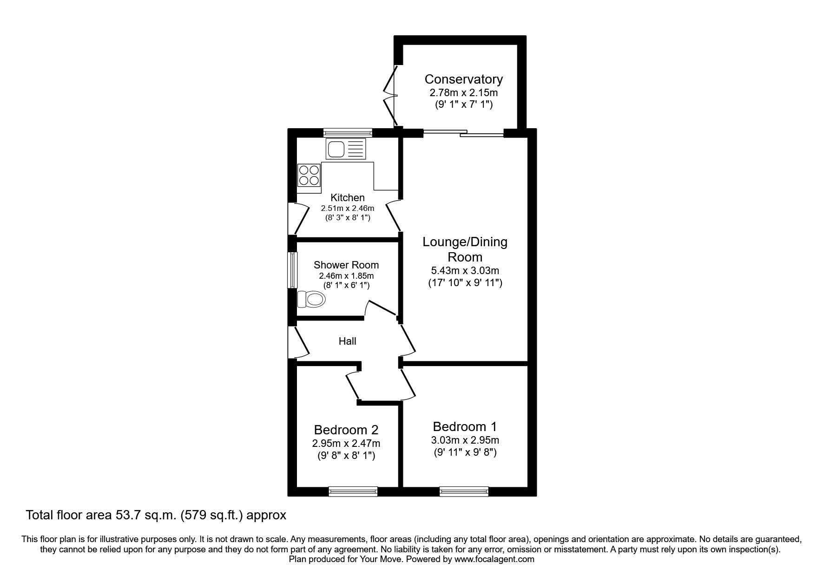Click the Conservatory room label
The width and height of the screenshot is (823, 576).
463,79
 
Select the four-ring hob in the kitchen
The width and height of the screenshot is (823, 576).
309,175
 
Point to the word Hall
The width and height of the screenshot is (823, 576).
347,341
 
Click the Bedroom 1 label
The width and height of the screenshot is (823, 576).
465,426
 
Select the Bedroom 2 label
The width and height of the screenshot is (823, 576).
346,430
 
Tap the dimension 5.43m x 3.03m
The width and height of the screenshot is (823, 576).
465,270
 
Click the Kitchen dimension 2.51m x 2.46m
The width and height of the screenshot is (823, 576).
347,208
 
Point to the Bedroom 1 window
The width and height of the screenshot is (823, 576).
464,491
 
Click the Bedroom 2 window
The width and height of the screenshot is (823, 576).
353,491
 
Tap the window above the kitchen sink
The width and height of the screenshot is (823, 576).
348,132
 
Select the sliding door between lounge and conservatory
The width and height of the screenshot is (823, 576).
463,133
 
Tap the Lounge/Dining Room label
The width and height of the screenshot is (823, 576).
465,249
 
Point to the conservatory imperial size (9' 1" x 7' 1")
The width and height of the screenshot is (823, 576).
463,105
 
